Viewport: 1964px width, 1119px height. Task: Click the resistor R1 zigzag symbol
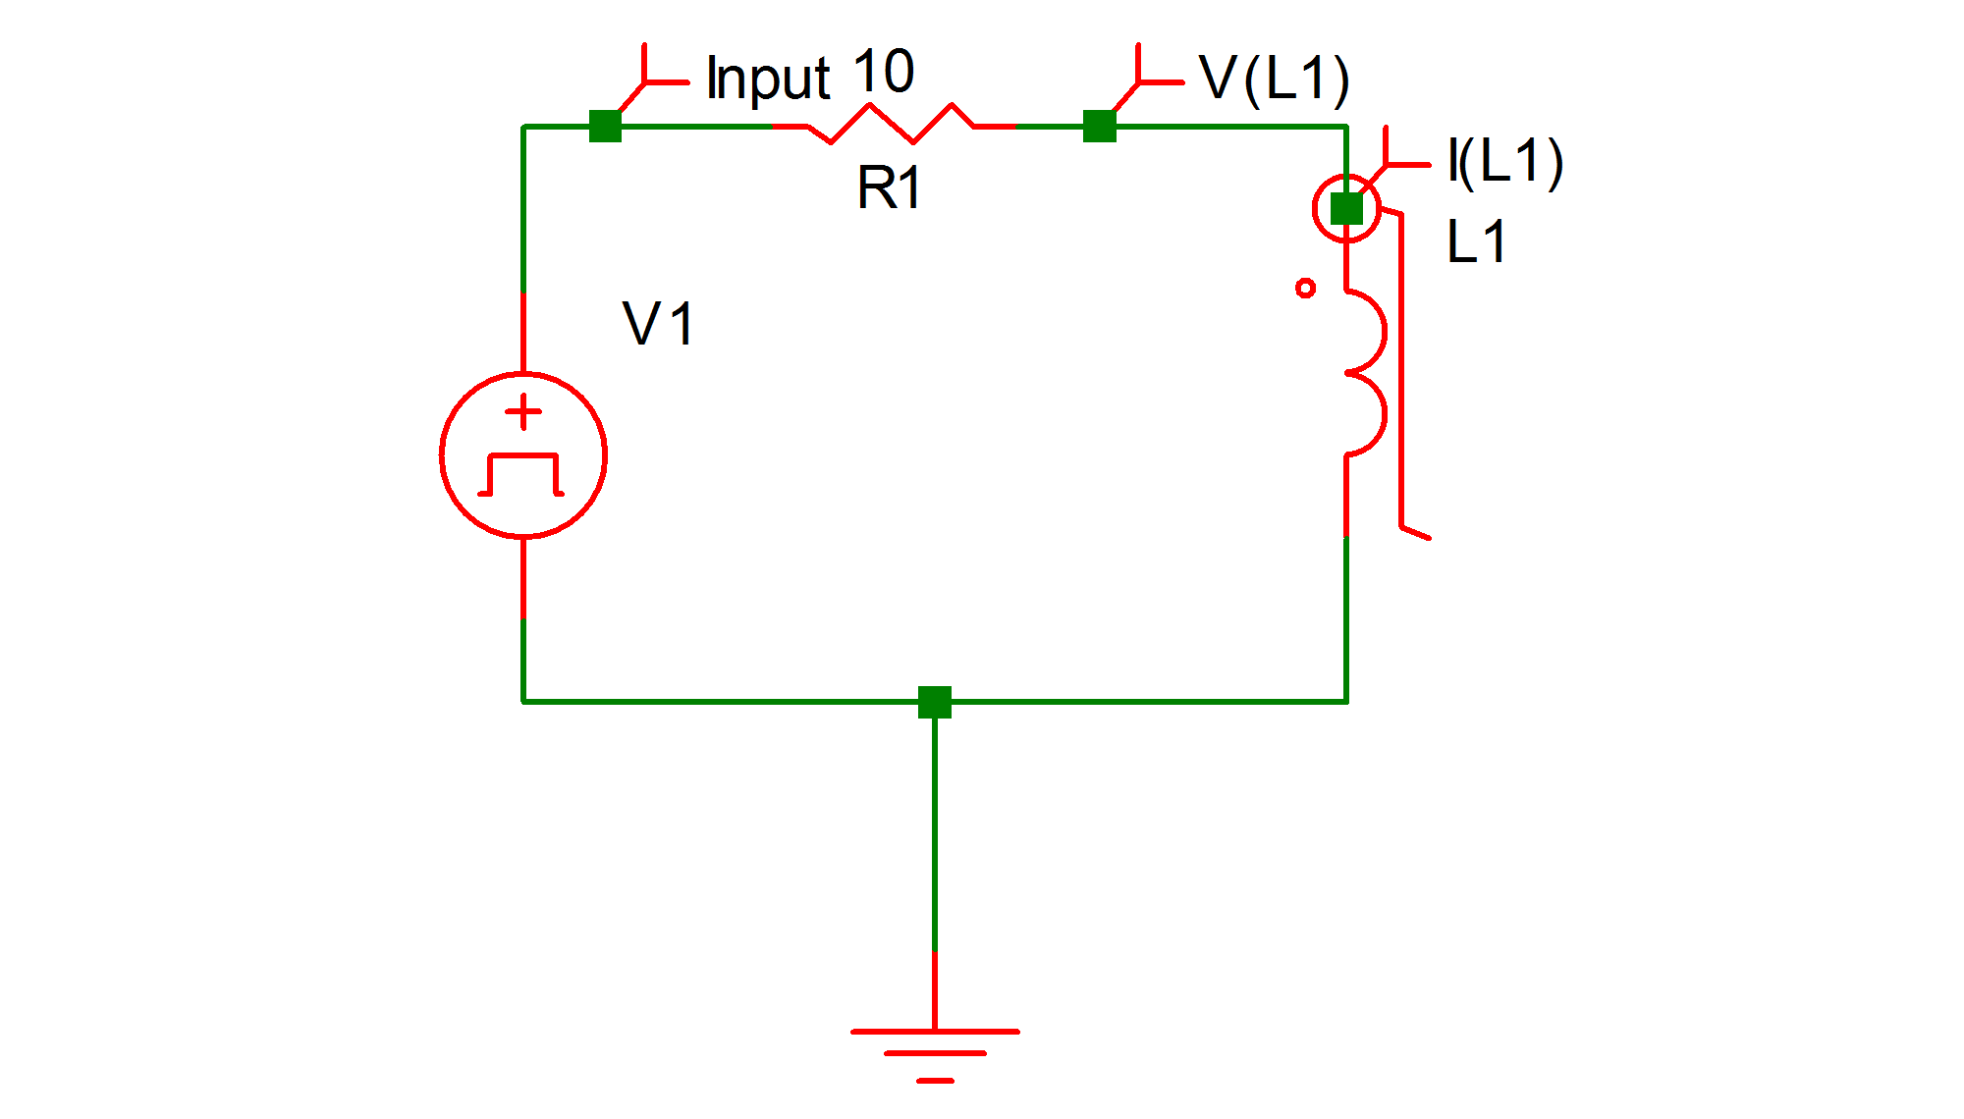point(892,125)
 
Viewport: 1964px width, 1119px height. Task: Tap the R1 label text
point(889,187)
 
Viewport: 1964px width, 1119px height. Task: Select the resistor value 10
point(883,72)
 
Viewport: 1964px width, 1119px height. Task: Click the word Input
point(768,79)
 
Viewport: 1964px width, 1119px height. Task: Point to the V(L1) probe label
point(1274,79)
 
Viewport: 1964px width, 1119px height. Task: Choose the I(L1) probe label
point(1505,162)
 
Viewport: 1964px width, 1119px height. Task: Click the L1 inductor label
point(1476,242)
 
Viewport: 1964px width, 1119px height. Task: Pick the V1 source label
point(658,324)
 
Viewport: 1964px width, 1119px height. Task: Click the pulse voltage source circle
point(523,455)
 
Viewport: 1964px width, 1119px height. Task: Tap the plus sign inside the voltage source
point(523,412)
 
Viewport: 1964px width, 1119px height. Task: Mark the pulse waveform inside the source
point(521,475)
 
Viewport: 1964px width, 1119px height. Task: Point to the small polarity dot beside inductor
point(1305,288)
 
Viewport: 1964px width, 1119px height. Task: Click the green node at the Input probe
point(605,126)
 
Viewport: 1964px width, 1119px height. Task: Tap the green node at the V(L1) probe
point(1100,126)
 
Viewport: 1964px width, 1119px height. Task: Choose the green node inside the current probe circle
point(1346,208)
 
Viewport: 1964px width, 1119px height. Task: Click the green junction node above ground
point(935,702)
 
